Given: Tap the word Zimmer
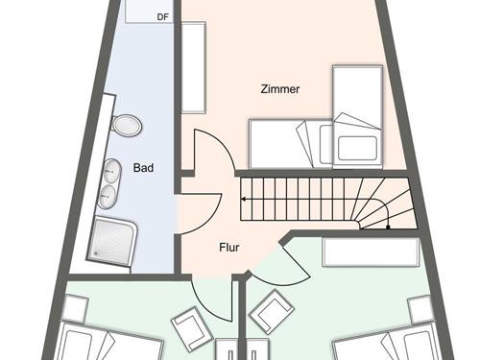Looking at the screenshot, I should coord(280,89).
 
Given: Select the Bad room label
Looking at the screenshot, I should coord(144,168).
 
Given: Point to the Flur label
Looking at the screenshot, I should coord(229,247).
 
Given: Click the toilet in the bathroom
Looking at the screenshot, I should coord(125,125).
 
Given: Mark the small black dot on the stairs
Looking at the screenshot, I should coord(387,228).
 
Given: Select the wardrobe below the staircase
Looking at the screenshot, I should coord(371,252).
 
